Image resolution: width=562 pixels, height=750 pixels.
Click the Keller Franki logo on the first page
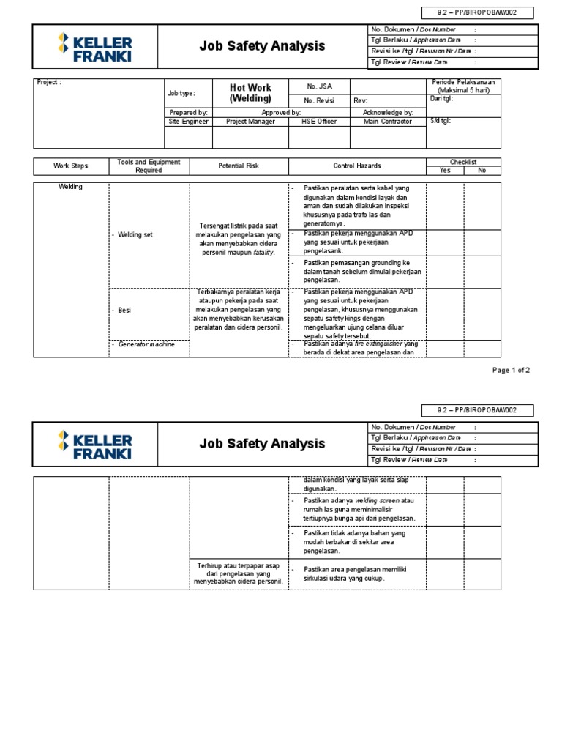95,46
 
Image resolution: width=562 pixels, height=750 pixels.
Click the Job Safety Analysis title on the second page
262,443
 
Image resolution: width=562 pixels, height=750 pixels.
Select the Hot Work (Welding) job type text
250,93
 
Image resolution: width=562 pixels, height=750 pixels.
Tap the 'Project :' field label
50,83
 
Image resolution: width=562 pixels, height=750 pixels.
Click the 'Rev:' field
361,100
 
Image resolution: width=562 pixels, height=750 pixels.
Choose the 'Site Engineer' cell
189,122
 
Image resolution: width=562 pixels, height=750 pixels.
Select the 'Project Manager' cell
250,122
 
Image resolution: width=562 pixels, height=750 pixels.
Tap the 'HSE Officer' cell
318,122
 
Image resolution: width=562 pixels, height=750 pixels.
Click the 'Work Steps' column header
71,166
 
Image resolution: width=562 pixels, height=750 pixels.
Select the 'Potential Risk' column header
239,166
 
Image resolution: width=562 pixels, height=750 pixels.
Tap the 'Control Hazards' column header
357,166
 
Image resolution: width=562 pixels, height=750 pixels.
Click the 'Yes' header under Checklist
445,171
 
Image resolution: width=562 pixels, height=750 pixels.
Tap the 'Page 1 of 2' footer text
511,371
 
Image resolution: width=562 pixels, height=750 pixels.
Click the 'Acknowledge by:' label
388,113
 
